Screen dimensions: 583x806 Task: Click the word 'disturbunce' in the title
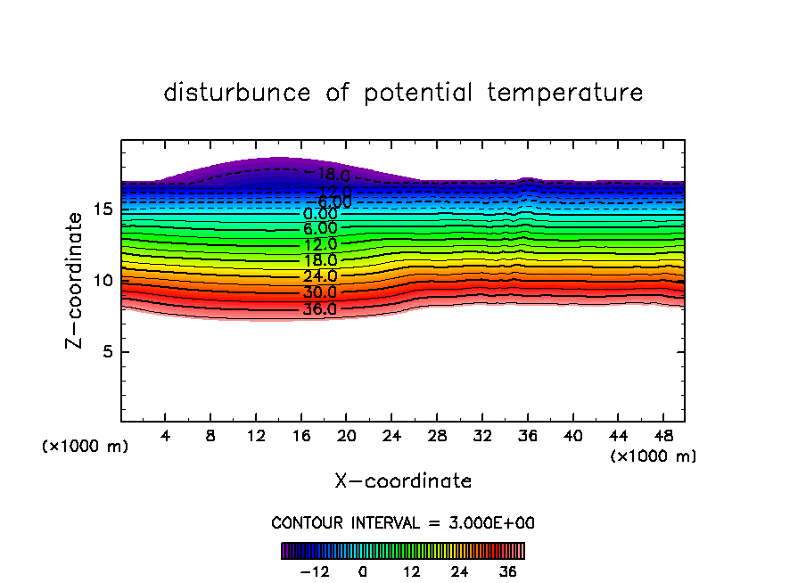coord(237,93)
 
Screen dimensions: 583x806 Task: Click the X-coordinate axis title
coord(403,481)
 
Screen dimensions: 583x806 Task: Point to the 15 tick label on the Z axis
coord(103,209)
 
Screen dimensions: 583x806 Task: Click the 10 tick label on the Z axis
coord(103,281)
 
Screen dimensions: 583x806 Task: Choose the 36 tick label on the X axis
coord(527,436)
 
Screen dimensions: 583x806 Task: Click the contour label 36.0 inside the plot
coord(319,310)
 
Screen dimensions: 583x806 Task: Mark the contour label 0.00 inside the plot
coord(320,214)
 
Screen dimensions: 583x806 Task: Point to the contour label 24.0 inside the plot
coord(319,277)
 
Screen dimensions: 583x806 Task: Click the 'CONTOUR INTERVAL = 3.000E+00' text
coord(403,523)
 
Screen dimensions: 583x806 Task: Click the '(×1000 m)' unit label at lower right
coord(654,456)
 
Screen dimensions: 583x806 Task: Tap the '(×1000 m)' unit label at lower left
coord(86,447)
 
